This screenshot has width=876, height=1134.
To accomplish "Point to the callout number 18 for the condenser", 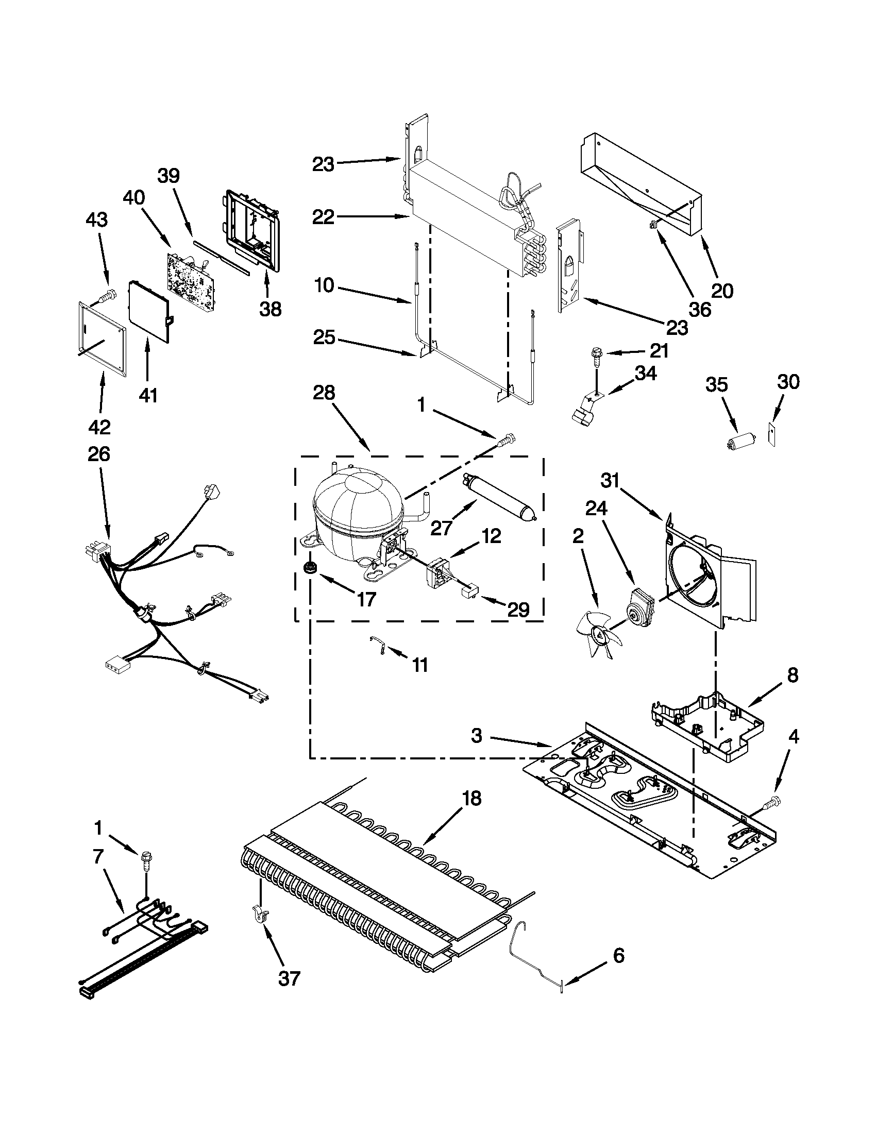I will point(471,798).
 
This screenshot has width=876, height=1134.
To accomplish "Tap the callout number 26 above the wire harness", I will point(98,454).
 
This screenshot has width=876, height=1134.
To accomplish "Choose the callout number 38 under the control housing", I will point(271,309).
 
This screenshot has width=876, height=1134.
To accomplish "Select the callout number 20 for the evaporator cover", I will point(722,290).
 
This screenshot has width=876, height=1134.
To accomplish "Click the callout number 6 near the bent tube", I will point(618,955).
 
